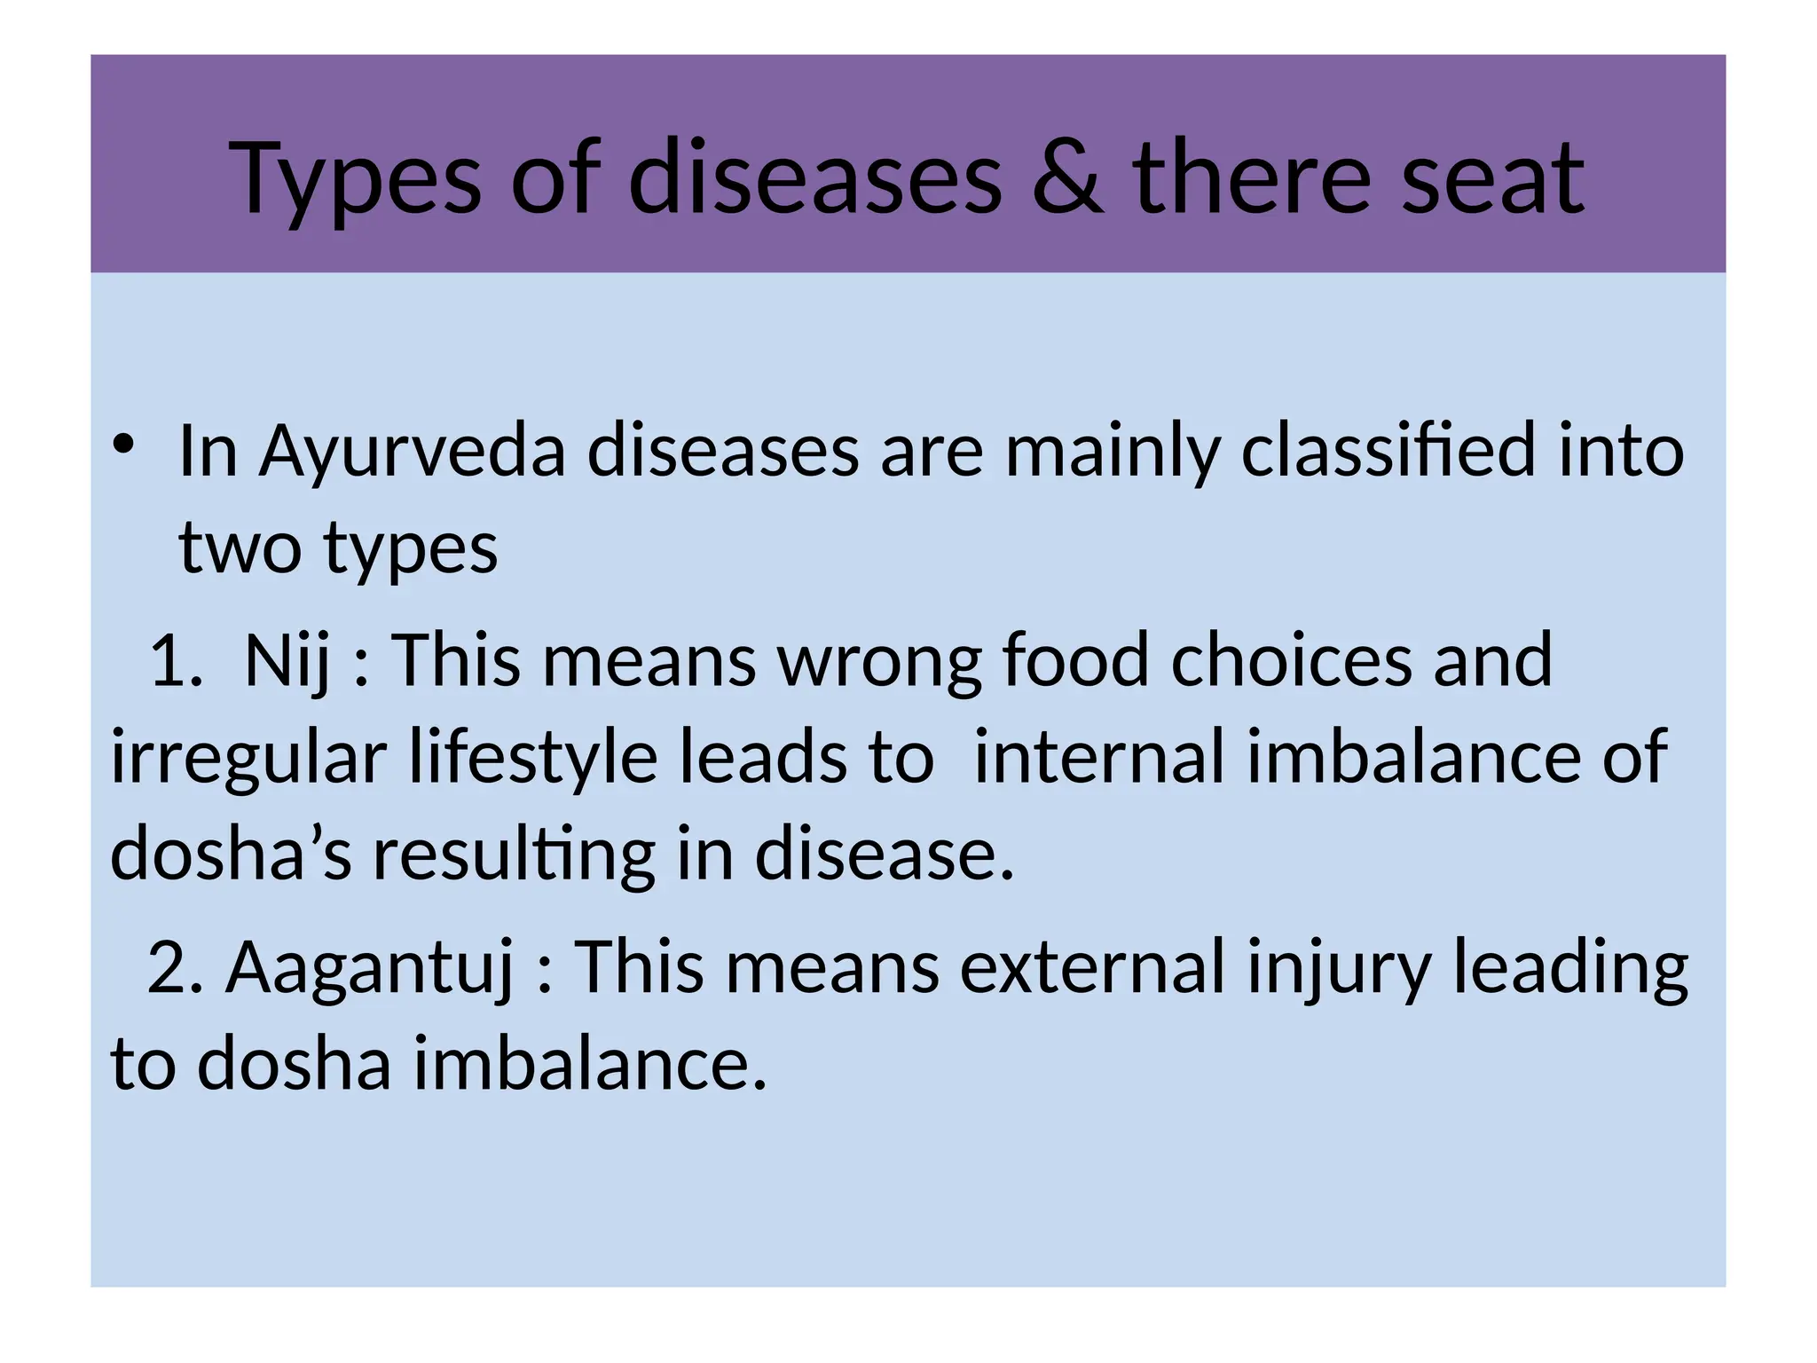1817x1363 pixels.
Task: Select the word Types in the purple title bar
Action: point(356,180)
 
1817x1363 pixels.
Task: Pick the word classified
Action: point(1388,451)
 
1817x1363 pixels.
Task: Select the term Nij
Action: point(286,661)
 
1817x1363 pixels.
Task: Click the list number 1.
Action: point(176,661)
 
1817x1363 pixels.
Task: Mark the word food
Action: point(1075,661)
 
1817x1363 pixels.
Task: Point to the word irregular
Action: point(248,759)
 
